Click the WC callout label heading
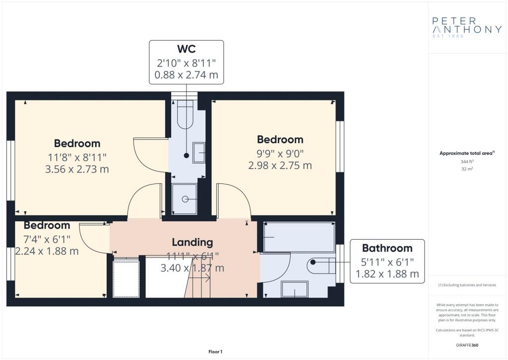click(x=187, y=49)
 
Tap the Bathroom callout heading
click(x=387, y=248)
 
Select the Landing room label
click(x=192, y=242)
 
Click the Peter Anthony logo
click(x=467, y=27)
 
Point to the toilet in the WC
click(x=186, y=115)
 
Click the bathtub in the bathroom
click(x=299, y=237)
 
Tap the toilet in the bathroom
click(x=321, y=266)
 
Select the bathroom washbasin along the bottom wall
click(x=295, y=289)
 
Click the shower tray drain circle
click(x=186, y=199)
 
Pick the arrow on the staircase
click(x=199, y=278)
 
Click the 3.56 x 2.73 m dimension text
click(x=77, y=169)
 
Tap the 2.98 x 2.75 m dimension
click(x=280, y=166)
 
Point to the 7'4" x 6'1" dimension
click(x=47, y=240)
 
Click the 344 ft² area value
click(x=467, y=161)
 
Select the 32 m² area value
click(x=467, y=169)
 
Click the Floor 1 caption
click(x=215, y=352)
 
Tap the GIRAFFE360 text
click(x=467, y=345)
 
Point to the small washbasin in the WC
click(x=198, y=152)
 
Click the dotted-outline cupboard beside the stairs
click(x=126, y=278)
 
